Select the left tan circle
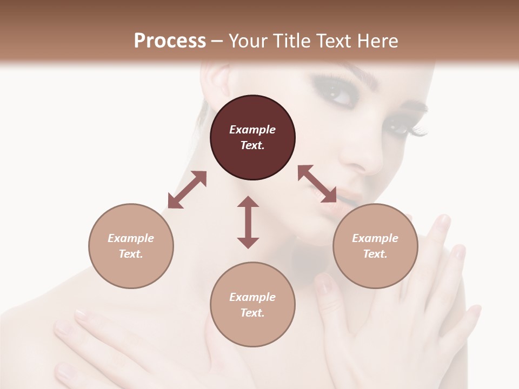click(131, 246)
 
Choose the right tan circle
click(375, 246)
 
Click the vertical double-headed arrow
click(248, 222)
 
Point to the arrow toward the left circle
click(187, 190)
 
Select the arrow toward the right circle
click(317, 184)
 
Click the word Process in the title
click(170, 41)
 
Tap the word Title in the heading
click(292, 41)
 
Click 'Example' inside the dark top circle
click(252, 130)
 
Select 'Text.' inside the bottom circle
click(252, 313)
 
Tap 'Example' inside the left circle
click(131, 238)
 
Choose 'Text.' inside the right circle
click(375, 254)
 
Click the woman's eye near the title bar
click(340, 96)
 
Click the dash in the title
click(217, 41)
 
